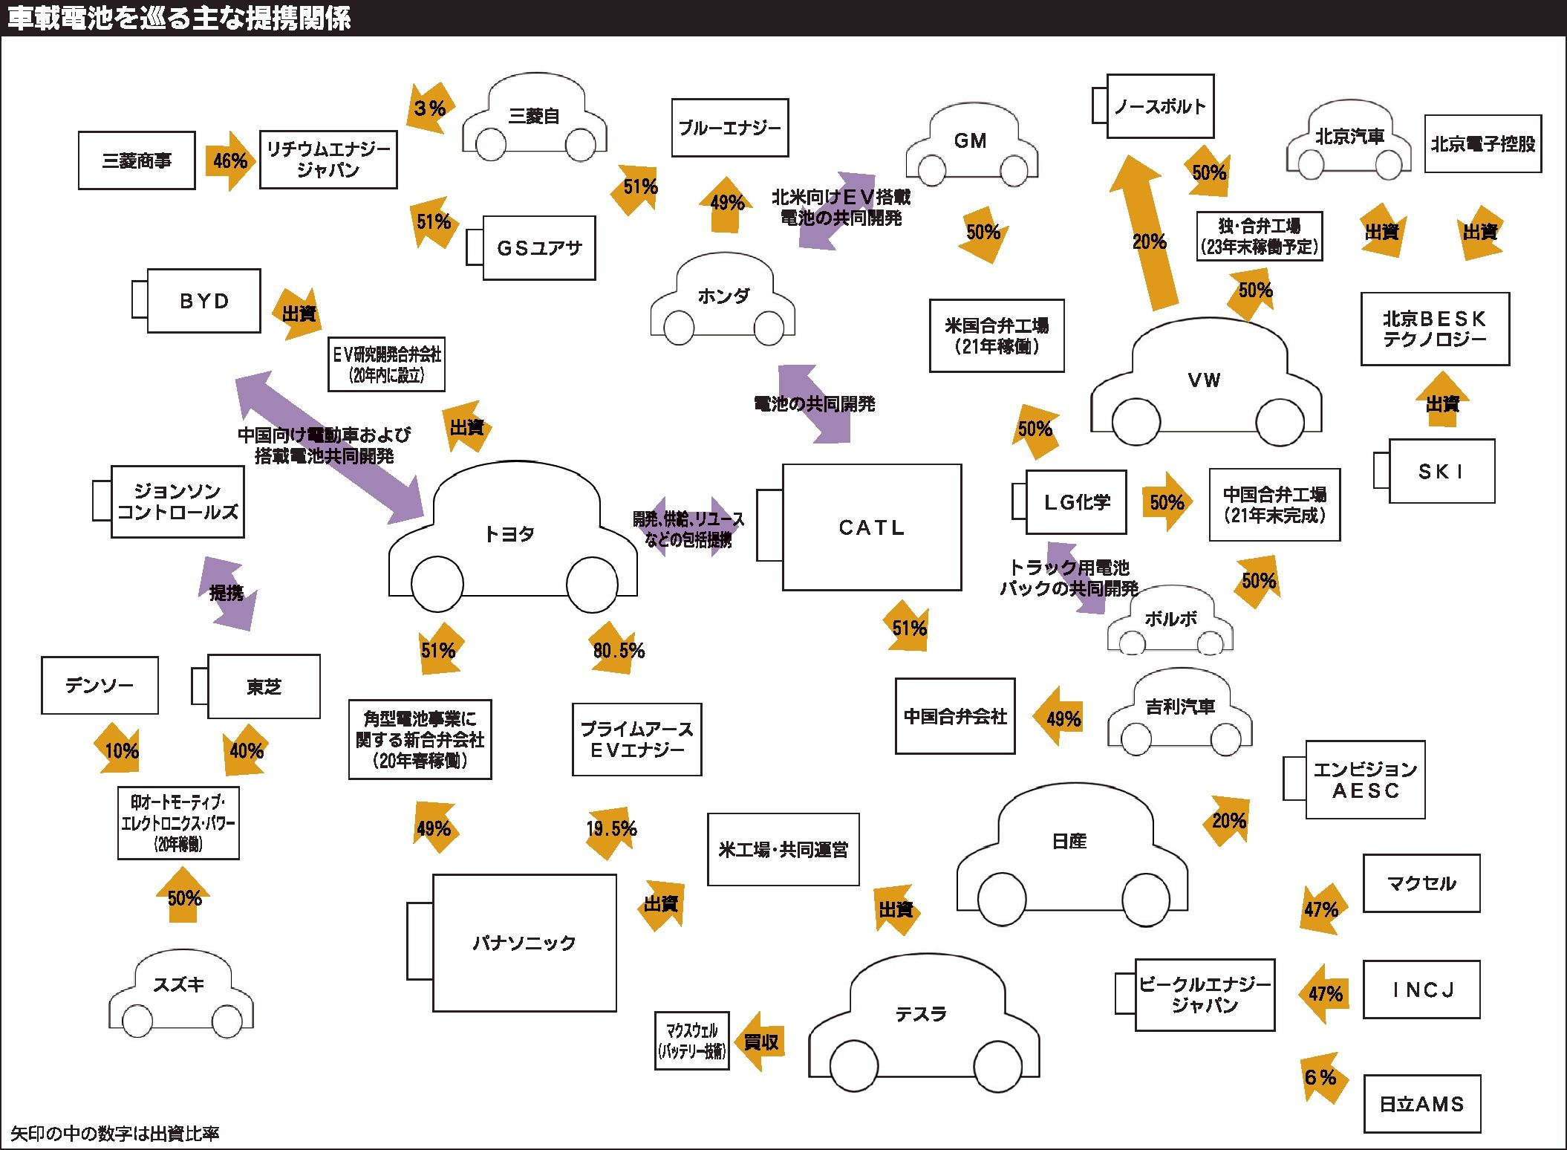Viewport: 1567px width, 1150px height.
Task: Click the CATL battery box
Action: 871,527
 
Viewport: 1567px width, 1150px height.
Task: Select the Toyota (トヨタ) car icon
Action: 512,535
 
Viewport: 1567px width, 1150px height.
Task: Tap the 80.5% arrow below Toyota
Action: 618,649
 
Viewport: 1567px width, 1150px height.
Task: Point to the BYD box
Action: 203,301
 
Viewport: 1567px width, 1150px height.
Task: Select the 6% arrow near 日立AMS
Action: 1320,1077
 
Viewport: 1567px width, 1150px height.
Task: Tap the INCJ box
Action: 1421,990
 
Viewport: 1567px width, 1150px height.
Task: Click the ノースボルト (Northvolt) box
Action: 1159,106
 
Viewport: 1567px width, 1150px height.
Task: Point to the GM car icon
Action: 971,145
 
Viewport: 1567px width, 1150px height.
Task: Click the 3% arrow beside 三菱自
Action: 429,108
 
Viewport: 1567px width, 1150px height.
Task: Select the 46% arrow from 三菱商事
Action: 229,160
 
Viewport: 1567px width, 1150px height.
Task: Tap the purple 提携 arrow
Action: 227,593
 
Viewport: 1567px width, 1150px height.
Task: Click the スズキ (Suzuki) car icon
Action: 180,992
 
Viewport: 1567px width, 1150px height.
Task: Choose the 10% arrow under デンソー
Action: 121,750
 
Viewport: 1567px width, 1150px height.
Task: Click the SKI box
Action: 1441,472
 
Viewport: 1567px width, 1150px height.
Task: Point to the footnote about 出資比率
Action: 115,1134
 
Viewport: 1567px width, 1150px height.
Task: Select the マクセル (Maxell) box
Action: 1421,883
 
